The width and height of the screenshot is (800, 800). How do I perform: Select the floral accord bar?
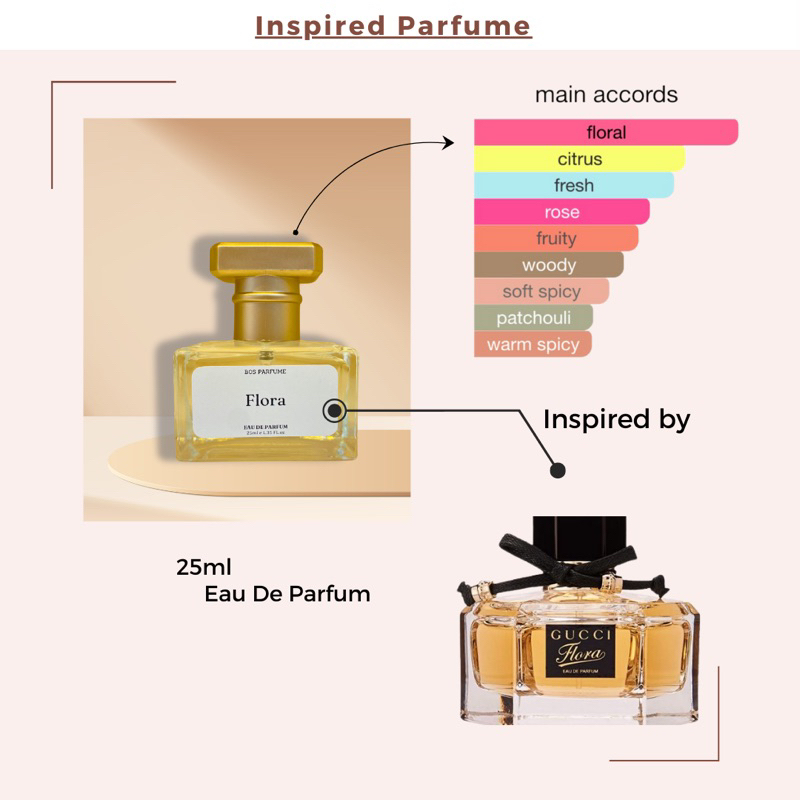pos(606,132)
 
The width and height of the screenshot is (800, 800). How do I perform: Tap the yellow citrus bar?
pos(580,159)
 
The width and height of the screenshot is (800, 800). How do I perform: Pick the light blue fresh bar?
pos(574,185)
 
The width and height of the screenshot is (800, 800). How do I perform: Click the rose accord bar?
pos(562,212)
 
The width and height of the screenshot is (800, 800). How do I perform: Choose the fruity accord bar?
pos(556,238)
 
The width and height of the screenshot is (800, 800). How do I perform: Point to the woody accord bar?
pos(549,265)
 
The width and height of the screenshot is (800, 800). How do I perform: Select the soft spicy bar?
pos(541,292)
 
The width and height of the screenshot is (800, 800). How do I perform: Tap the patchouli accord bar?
pos(533,318)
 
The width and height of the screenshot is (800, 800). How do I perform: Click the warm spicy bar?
pos(533,345)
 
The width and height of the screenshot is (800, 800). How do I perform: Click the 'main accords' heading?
pos(606,95)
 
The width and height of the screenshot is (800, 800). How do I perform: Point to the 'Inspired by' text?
pos(616,419)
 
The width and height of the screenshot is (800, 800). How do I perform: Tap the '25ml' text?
pos(204,567)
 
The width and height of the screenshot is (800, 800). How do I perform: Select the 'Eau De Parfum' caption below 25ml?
pos(287,594)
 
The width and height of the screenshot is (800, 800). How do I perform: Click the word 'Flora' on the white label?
pos(266,401)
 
